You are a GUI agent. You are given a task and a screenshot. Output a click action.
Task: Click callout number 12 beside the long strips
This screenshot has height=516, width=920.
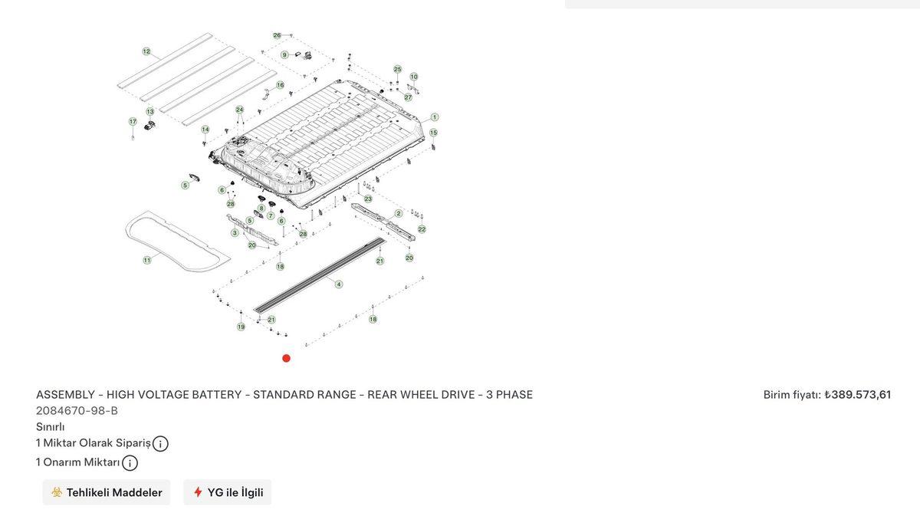[146, 51]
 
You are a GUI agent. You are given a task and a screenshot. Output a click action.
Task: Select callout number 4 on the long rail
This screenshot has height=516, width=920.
[339, 284]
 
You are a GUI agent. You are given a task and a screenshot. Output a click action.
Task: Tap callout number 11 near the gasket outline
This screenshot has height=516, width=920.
[146, 260]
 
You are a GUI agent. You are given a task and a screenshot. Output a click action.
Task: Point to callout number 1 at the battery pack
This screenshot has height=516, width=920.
[435, 117]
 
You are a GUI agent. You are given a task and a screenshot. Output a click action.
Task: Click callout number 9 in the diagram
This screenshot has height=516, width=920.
[284, 54]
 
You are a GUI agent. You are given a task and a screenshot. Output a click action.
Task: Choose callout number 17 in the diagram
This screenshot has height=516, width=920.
[133, 121]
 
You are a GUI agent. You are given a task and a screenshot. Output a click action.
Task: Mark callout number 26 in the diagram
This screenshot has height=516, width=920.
[277, 35]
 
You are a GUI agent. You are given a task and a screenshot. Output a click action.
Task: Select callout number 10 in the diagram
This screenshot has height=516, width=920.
[414, 77]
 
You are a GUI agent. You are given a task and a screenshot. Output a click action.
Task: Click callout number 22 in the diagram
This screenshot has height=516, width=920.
[422, 228]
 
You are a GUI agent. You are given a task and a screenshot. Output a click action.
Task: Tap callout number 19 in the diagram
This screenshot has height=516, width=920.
[241, 327]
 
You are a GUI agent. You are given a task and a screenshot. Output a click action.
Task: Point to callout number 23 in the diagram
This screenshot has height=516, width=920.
[368, 199]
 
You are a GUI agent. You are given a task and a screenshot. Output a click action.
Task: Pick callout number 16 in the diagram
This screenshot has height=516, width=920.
[280, 85]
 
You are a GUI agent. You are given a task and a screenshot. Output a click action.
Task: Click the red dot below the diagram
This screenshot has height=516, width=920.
[286, 358]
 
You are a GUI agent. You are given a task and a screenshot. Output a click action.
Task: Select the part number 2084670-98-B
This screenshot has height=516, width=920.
[77, 410]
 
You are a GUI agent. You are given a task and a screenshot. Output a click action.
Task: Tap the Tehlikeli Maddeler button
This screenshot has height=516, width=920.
[107, 492]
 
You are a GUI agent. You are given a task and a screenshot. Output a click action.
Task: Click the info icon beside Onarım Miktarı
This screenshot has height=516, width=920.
[130, 463]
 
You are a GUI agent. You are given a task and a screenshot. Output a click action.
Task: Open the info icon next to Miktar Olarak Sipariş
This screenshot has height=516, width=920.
[160, 443]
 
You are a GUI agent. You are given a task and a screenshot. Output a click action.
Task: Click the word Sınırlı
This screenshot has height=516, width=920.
[51, 426]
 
